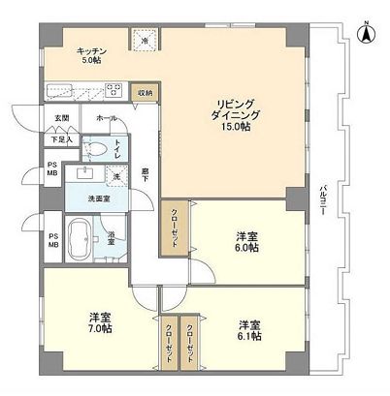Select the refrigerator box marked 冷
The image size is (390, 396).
[146, 43]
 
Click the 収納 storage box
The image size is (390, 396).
[145, 93]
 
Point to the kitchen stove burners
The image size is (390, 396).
[114, 93]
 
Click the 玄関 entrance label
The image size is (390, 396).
[61, 118]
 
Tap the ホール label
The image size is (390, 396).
[106, 118]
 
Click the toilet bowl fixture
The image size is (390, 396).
[96, 149]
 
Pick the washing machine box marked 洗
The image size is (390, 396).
[114, 177]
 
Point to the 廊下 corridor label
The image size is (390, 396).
[145, 172]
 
